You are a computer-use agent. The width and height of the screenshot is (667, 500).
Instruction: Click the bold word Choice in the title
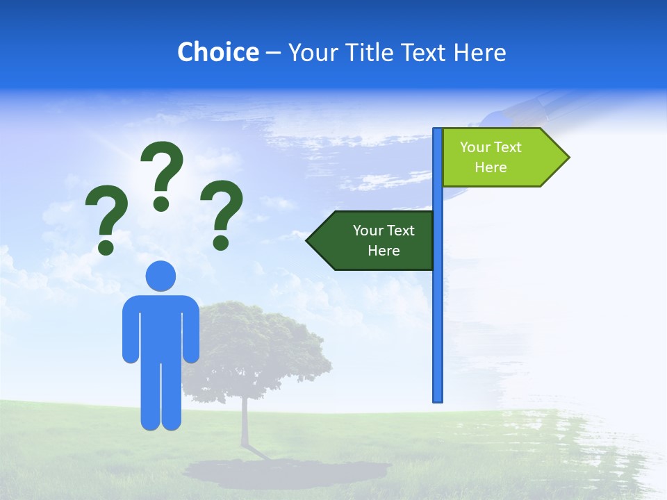pos(217,52)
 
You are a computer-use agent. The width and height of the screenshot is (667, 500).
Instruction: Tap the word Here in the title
pos(479,52)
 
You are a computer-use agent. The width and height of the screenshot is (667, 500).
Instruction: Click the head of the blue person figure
pos(160,276)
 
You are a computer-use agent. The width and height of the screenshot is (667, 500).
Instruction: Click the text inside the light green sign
pos(491,157)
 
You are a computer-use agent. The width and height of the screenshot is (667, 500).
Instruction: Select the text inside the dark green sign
pos(384,240)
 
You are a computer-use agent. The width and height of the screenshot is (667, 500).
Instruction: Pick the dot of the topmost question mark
pos(161,203)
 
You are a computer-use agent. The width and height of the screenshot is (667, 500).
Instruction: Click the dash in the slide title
pos(273,53)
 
